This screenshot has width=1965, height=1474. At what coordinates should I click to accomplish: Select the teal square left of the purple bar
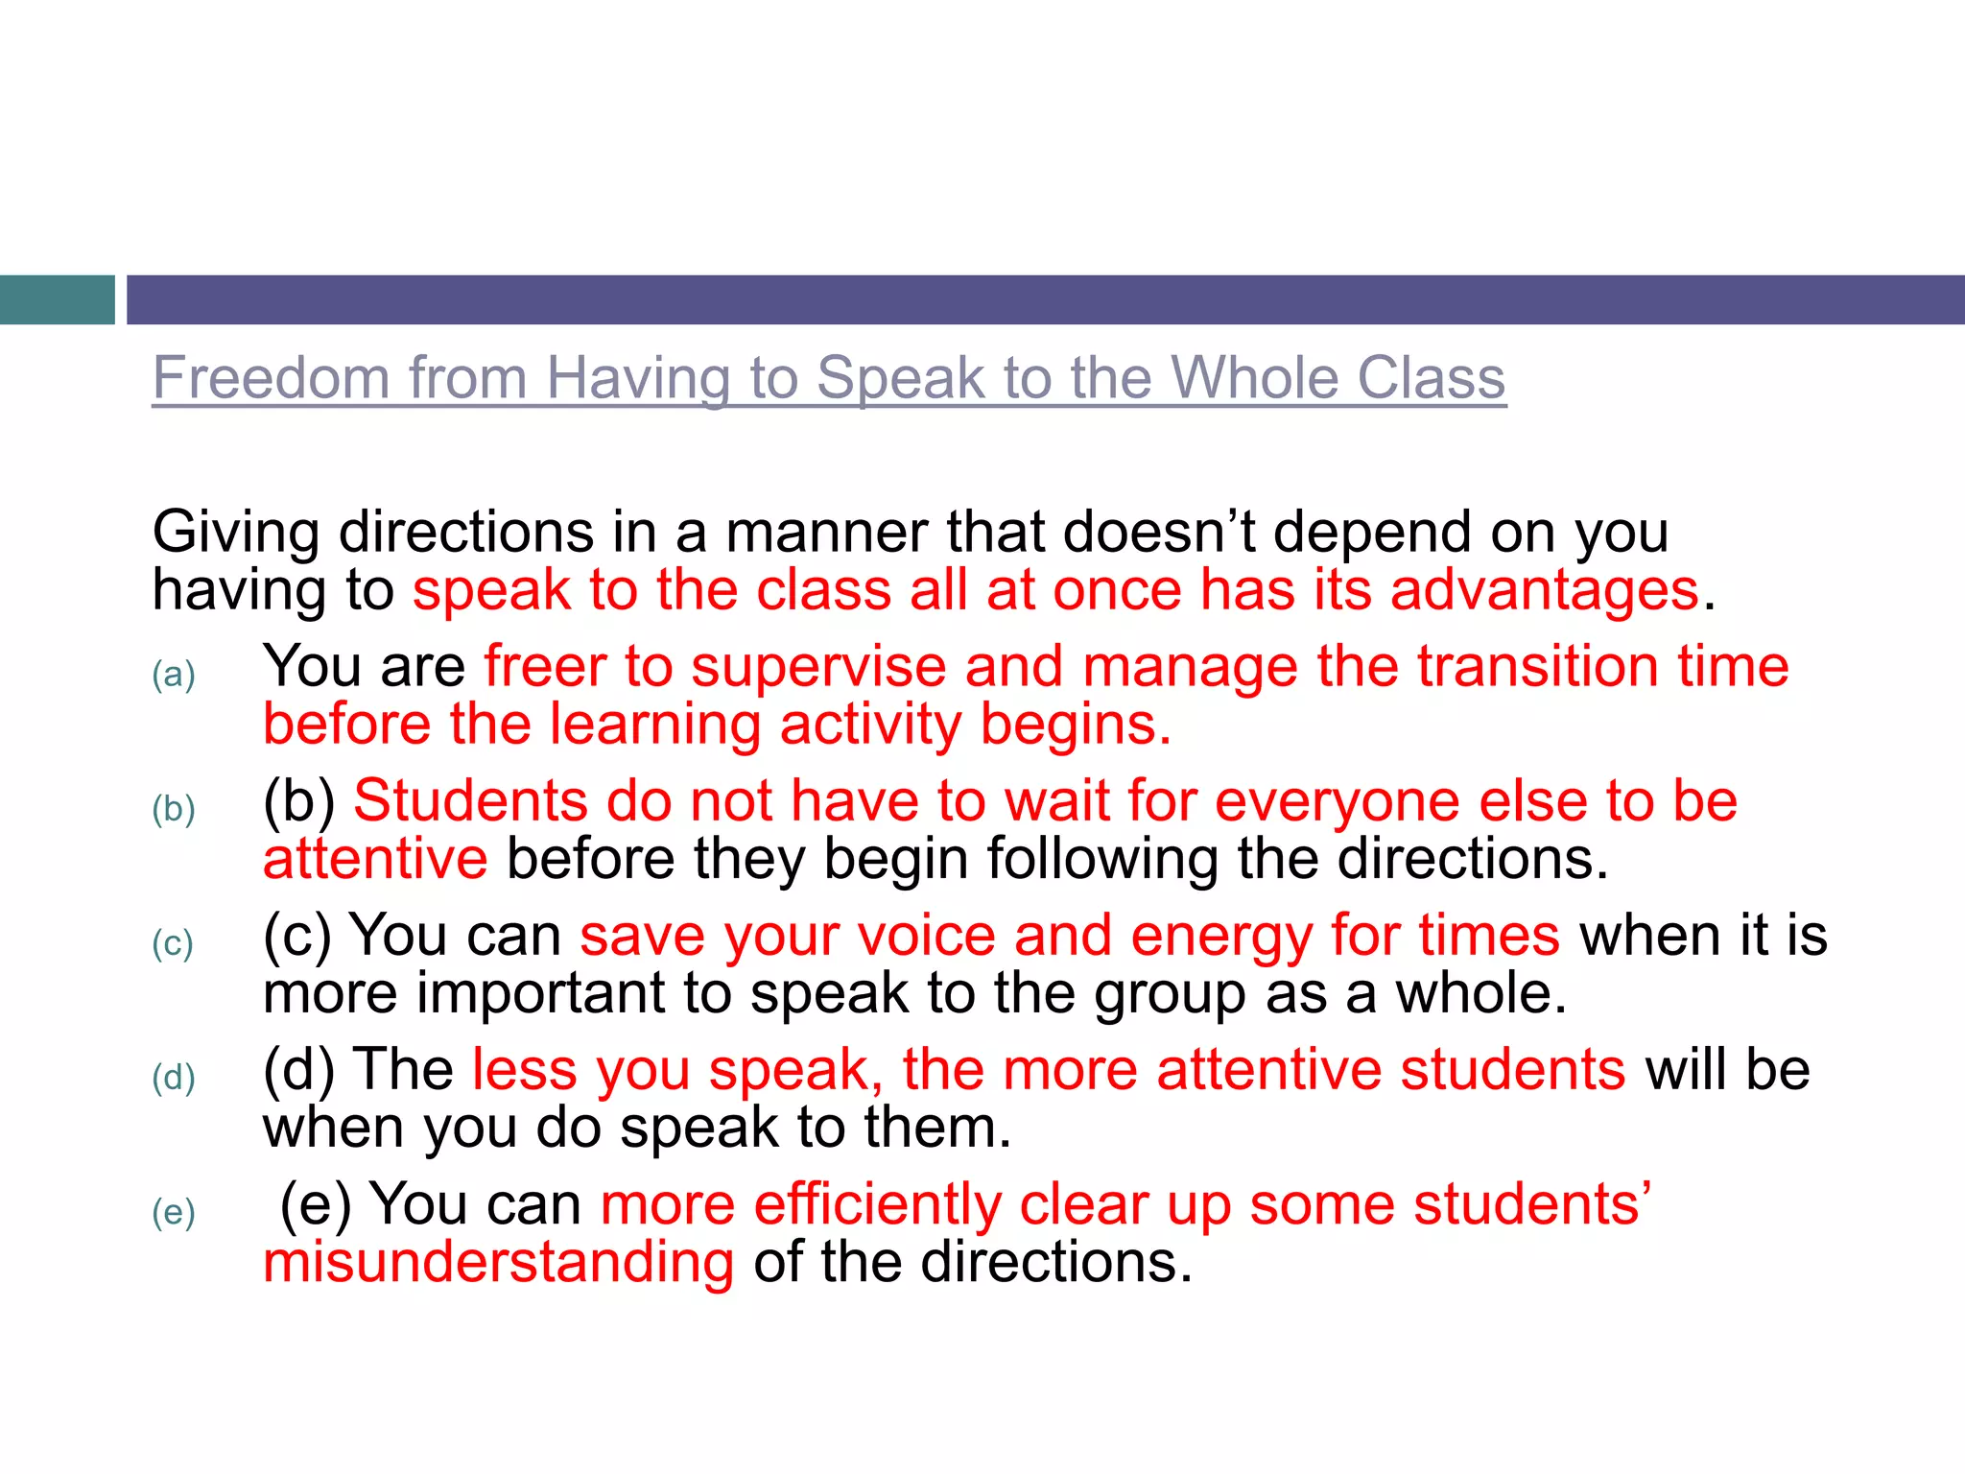click(x=57, y=299)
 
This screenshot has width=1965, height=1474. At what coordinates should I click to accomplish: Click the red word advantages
click(x=1544, y=590)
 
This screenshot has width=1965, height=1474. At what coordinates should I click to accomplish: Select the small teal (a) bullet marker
click(x=174, y=675)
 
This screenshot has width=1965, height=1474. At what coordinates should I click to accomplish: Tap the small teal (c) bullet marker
click(x=173, y=943)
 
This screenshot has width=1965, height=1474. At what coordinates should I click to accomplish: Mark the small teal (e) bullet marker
click(x=174, y=1212)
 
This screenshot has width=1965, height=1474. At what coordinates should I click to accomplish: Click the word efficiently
click(x=877, y=1205)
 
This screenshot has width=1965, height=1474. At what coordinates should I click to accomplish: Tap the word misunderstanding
click(x=498, y=1262)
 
